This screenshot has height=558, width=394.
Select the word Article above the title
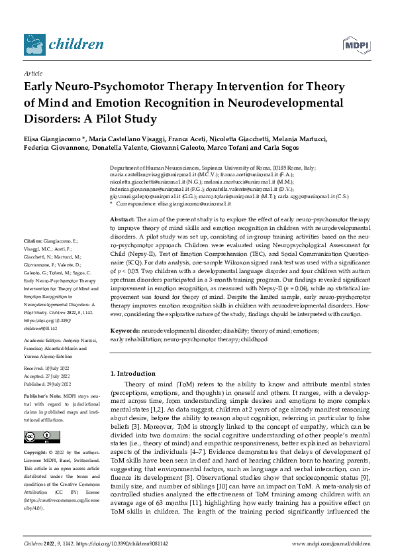click(33, 74)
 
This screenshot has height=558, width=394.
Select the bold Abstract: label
click(122, 219)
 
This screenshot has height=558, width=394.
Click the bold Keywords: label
click(124, 329)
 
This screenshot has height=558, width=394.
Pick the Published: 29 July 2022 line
click(50, 384)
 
